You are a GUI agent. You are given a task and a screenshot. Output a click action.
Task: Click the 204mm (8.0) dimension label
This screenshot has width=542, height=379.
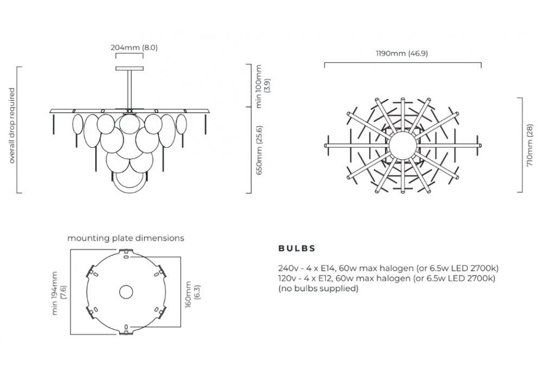134,47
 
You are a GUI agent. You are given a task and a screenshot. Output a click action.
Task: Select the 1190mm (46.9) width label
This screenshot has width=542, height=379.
402,54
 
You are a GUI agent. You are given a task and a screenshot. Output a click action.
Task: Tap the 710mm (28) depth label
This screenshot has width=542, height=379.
529,145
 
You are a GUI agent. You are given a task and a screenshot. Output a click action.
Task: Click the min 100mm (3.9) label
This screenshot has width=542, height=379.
263,86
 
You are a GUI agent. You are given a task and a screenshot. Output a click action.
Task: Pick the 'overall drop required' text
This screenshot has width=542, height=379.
12,126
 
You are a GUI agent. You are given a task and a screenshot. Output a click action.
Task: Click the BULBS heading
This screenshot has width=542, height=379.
297,248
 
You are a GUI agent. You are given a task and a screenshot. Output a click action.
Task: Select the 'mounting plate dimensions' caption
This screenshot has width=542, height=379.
126,238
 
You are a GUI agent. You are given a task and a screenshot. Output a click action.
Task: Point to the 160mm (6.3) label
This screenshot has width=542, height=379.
192,294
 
